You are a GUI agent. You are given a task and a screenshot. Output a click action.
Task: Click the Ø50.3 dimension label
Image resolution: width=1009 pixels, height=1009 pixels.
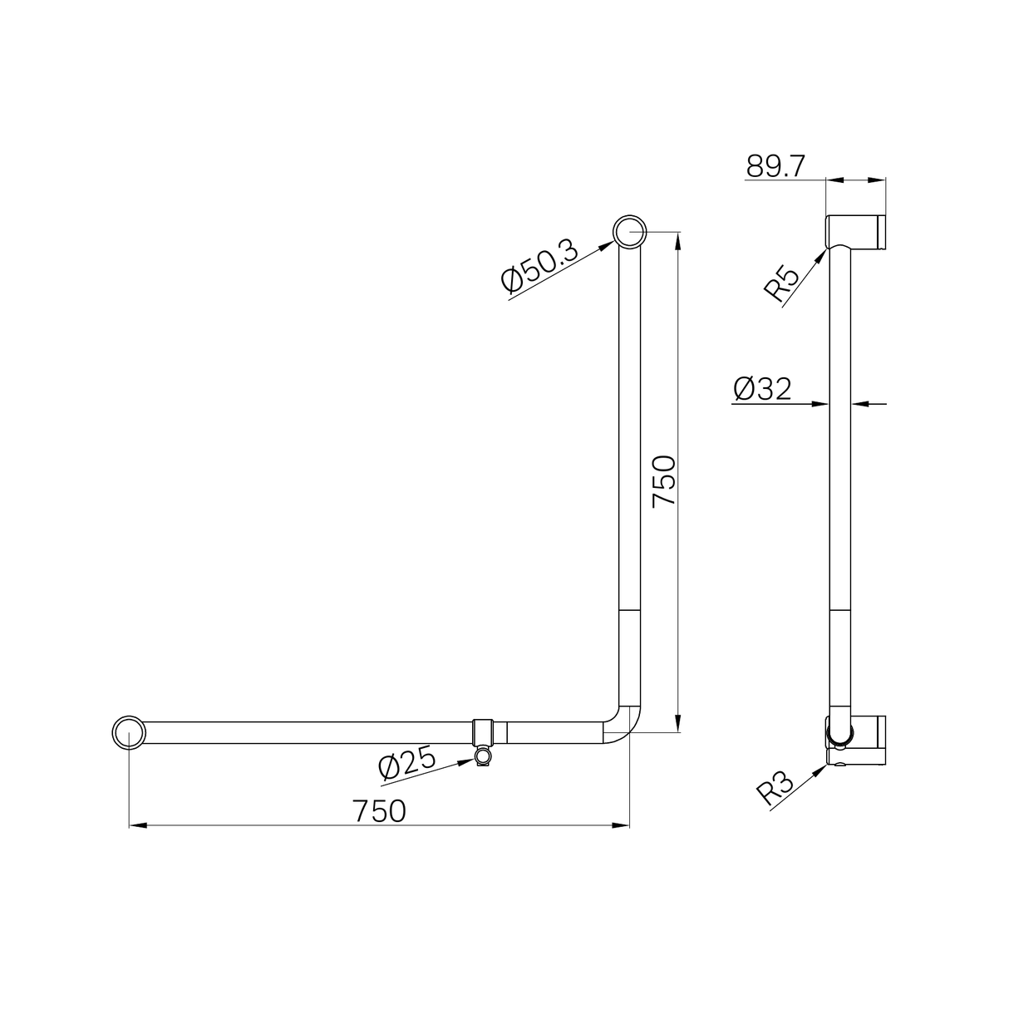point(539,268)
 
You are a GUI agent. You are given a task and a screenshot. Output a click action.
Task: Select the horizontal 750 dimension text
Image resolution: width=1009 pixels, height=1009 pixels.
point(379,811)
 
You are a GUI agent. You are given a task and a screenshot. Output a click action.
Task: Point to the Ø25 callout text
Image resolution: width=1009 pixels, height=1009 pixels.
point(407,762)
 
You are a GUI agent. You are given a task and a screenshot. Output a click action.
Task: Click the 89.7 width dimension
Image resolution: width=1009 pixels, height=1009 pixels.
point(775,166)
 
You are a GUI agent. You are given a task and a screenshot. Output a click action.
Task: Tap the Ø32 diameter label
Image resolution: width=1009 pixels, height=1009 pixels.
point(762,388)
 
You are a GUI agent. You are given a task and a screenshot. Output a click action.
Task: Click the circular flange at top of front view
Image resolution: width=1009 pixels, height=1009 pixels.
point(629,232)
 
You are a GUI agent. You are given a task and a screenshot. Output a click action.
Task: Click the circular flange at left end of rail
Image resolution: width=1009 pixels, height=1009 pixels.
point(129,732)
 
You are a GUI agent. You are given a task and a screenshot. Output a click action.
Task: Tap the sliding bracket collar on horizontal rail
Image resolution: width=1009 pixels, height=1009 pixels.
point(489,732)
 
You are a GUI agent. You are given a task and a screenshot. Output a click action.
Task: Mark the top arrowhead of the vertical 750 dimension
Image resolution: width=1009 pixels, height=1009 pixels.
point(680,241)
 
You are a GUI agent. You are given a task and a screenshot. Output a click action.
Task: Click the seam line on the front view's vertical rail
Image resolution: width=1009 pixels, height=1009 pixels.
point(629,612)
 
